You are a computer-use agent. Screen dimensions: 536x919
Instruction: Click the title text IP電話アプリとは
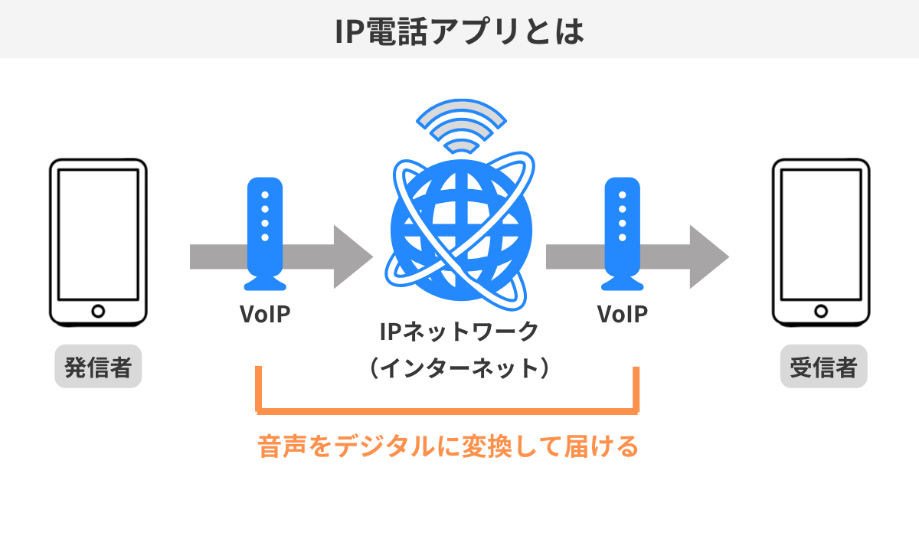[459, 29]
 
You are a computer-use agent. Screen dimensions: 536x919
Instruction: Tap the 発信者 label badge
[98, 368]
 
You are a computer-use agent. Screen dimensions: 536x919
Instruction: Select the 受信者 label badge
[823, 368]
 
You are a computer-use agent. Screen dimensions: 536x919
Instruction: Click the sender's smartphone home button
[98, 311]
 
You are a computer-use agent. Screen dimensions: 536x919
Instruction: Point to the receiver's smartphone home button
[821, 311]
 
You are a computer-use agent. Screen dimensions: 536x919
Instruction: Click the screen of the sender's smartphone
[98, 234]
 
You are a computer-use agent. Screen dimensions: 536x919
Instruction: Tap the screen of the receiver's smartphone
[821, 234]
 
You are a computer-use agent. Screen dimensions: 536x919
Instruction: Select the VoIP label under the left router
[265, 314]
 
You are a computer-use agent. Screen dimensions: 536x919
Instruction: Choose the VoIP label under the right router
[622, 314]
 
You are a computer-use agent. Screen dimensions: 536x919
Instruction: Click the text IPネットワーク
[459, 332]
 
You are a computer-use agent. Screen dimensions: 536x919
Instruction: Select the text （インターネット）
[459, 368]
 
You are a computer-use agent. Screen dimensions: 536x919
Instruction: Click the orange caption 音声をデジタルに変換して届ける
[448, 446]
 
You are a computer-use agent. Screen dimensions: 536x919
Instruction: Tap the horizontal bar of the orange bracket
[448, 410]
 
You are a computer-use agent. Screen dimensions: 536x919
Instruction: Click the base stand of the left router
[265, 284]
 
